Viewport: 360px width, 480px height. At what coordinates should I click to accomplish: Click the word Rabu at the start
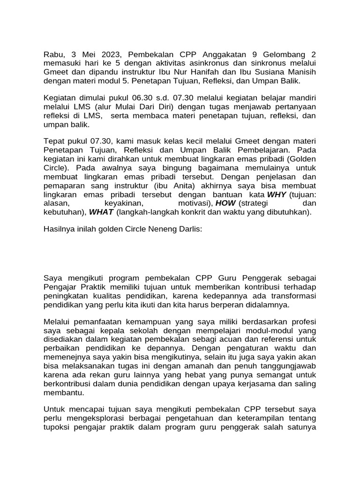53,54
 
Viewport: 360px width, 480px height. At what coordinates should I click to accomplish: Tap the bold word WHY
277,195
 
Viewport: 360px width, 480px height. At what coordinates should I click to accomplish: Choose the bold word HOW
226,203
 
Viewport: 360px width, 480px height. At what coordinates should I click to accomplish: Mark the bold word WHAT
101,212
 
